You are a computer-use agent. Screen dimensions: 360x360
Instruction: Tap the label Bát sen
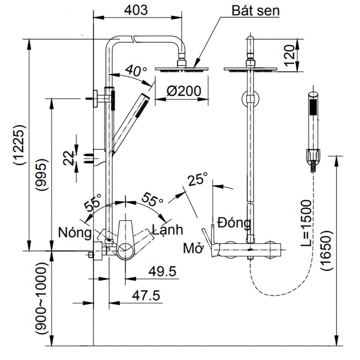point(255,11)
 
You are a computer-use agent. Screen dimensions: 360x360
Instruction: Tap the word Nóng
point(75,233)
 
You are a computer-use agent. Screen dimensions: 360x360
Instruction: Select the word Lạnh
point(167,229)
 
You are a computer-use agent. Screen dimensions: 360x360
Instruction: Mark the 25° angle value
point(197,179)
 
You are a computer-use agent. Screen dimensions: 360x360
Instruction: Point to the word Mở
point(193,248)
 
